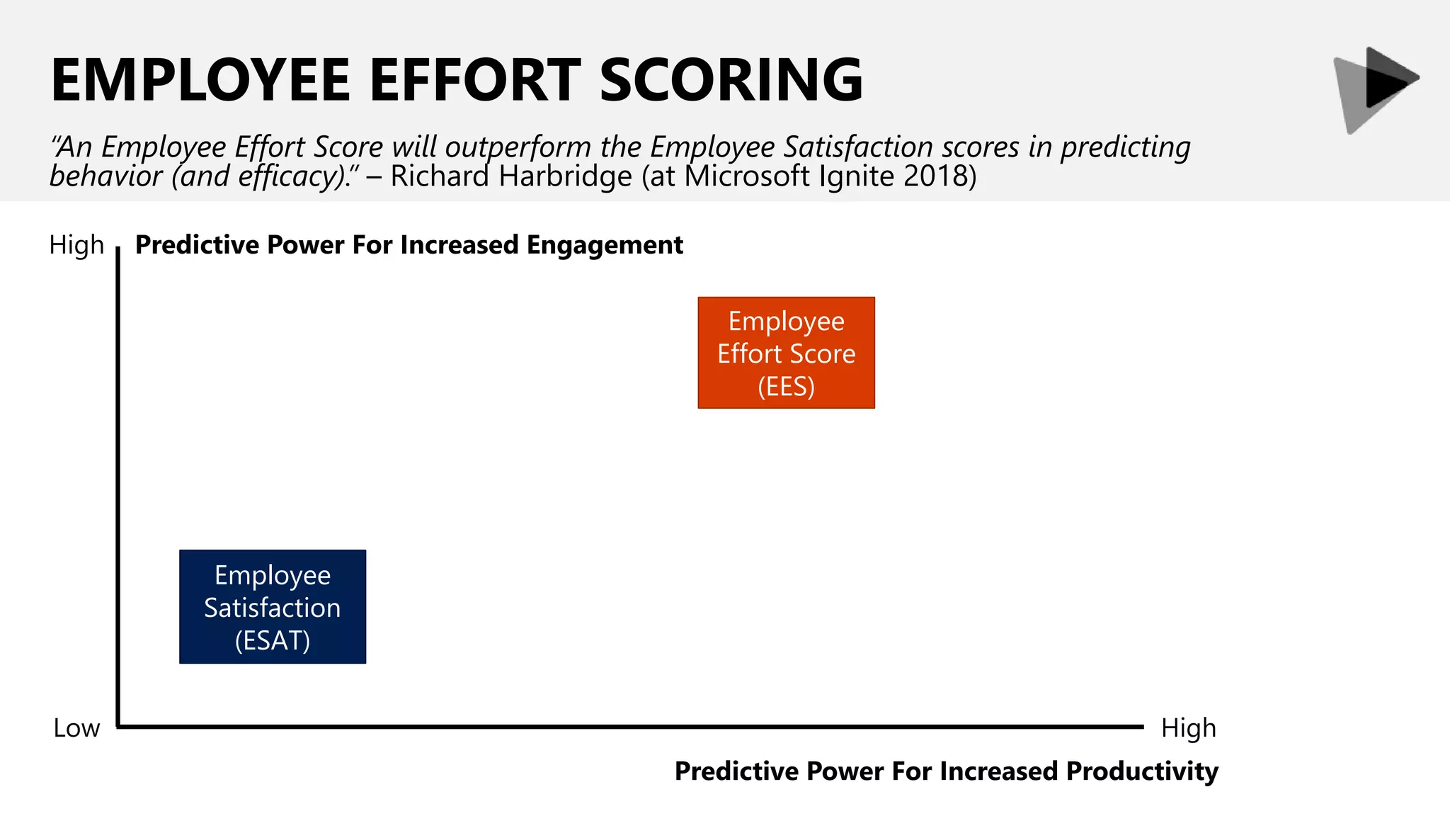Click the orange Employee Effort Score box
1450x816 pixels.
tap(786, 352)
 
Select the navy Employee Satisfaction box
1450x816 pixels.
tap(273, 606)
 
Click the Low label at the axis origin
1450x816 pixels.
tap(76, 728)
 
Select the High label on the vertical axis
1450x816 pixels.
tap(76, 245)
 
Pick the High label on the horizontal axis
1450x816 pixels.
tap(1188, 728)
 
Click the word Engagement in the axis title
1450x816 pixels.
tap(605, 245)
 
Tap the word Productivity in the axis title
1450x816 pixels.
tap(1142, 771)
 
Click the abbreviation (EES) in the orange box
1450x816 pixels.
tap(786, 387)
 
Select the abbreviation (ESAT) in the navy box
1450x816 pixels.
tap(273, 640)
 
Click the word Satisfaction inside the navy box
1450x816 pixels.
tap(273, 608)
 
